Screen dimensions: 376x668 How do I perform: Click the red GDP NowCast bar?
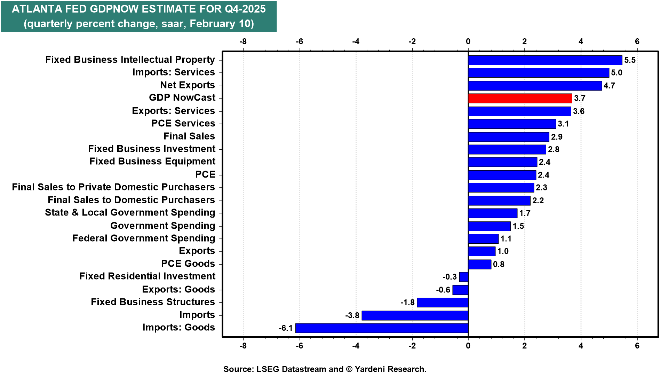(520, 98)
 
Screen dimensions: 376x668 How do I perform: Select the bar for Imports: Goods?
(382, 328)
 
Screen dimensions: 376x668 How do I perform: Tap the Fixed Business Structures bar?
(443, 302)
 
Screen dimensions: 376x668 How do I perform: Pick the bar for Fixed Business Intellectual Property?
(545, 60)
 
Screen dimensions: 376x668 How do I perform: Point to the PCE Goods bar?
(479, 264)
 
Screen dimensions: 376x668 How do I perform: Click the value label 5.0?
(617, 73)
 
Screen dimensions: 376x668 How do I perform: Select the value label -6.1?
(286, 328)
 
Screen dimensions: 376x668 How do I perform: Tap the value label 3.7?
(580, 98)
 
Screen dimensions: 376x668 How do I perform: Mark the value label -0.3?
(450, 277)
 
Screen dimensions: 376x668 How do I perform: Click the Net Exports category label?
(188, 85)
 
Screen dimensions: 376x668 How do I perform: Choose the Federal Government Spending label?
(144, 238)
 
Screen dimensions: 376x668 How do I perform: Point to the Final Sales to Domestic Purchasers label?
(131, 200)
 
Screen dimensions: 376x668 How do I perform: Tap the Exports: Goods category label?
(178, 290)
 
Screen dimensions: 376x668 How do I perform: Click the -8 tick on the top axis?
(243, 42)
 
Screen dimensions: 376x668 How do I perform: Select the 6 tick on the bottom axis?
(637, 346)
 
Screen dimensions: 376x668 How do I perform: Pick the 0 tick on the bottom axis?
(468, 346)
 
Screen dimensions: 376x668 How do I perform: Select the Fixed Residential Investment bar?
(464, 277)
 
